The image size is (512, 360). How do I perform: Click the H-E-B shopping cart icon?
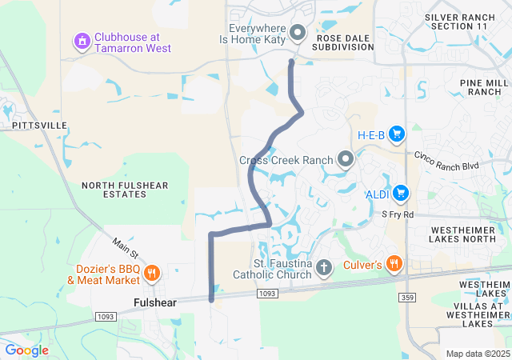(397, 134)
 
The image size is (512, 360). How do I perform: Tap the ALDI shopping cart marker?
(401, 194)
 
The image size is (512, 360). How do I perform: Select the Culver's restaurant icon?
(394, 263)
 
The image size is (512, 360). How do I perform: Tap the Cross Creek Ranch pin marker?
(346, 159)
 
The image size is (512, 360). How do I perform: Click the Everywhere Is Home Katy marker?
(298, 33)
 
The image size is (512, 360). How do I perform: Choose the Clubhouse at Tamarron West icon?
(82, 40)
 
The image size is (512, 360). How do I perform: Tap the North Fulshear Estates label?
(125, 190)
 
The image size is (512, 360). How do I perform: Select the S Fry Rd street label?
(397, 214)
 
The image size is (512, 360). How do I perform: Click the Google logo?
(27, 350)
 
